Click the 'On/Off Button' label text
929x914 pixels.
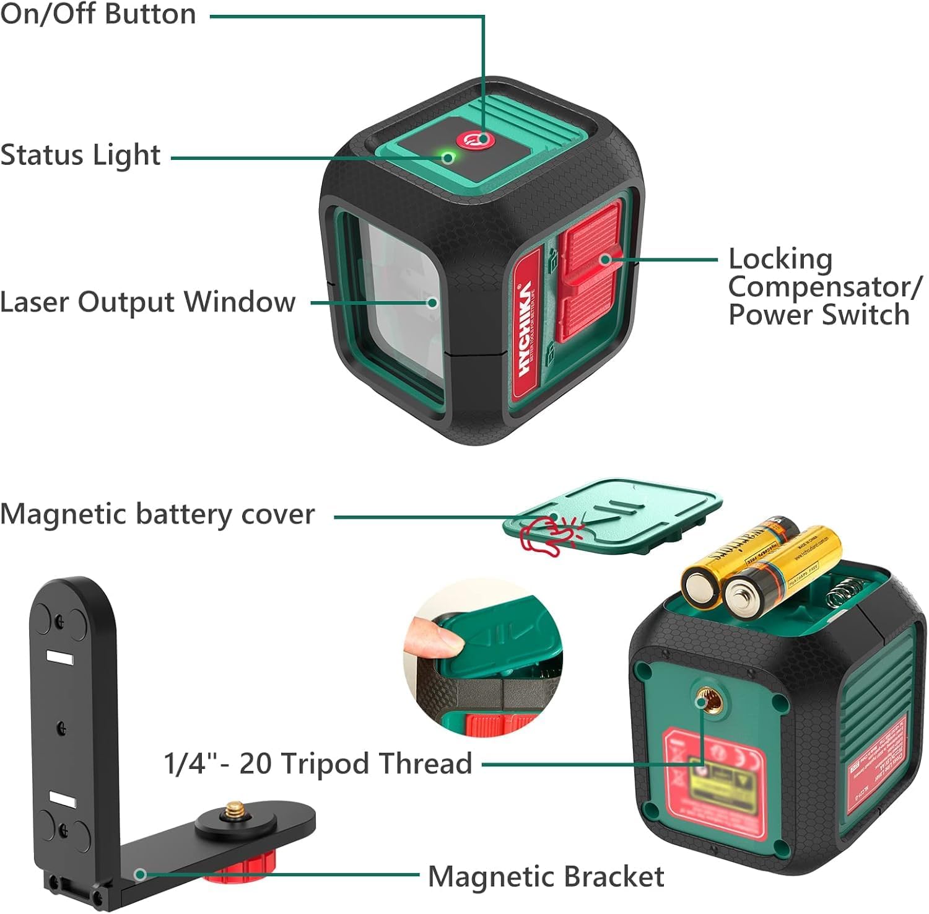[98, 14]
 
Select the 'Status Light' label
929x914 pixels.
[81, 155]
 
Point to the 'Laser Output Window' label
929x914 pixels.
[147, 302]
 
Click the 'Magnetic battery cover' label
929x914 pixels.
[157, 514]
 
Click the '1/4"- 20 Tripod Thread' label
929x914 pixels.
[318, 763]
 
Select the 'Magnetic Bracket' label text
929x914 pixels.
[546, 877]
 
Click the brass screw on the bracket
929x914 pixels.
[235, 809]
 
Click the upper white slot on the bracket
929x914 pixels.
[60, 657]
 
